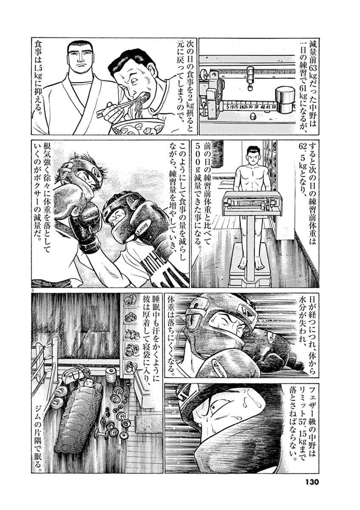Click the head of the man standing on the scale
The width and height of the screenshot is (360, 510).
[x=254, y=155]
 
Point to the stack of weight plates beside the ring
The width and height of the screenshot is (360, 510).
[x=111, y=377]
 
